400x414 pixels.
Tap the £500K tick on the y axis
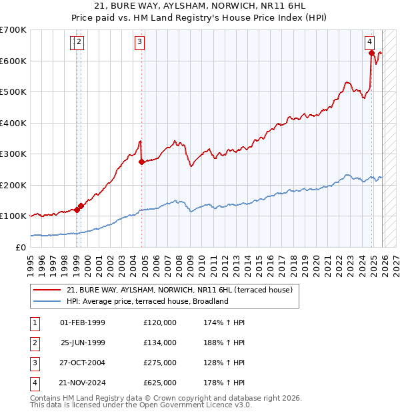coord(13,91)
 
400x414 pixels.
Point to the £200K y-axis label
coord(13,185)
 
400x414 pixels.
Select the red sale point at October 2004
coord(142,162)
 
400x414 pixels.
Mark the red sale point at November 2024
coord(371,53)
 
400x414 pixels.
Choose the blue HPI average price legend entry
coord(147,301)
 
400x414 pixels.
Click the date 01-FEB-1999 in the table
coord(83,323)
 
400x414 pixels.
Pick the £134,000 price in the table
coord(159,343)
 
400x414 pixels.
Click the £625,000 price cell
coord(159,383)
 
